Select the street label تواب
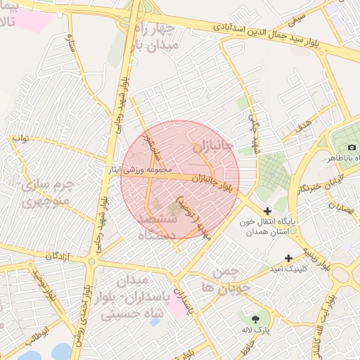(x=20, y=139)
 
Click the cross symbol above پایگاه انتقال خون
(x=267, y=210)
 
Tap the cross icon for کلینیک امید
(x=288, y=259)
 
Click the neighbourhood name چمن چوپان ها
(x=225, y=280)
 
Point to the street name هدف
(x=304, y=126)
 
